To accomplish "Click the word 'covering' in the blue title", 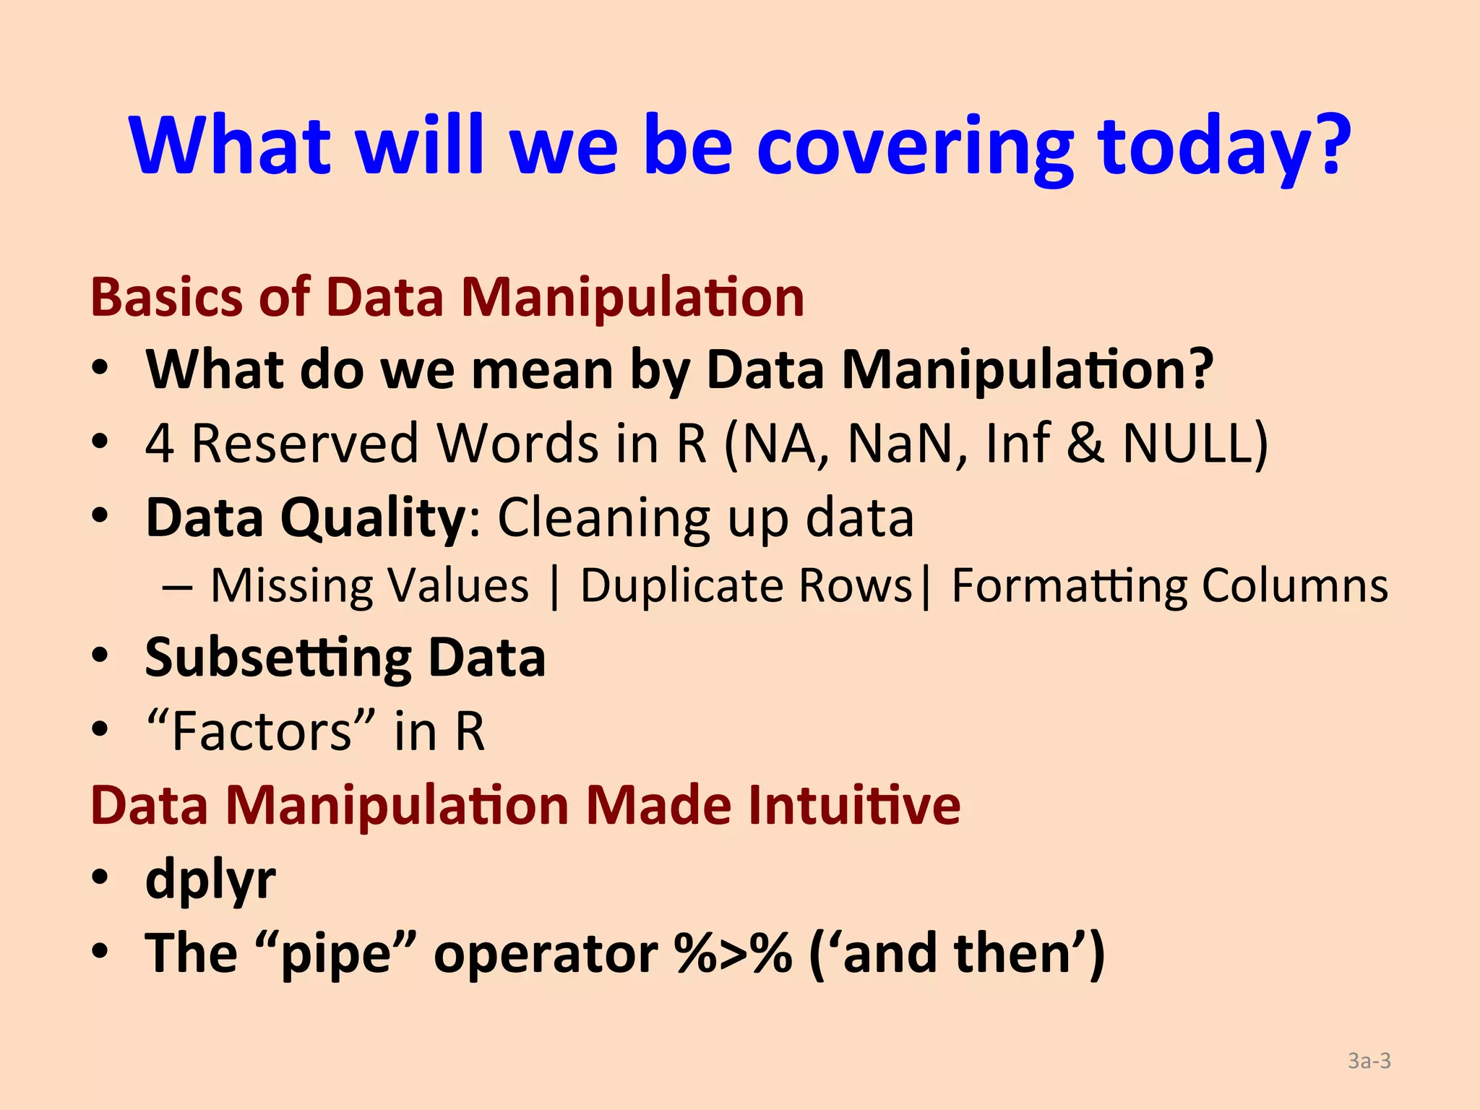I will [915, 148].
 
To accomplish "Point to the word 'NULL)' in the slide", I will [1195, 443].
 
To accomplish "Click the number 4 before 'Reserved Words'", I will [159, 444].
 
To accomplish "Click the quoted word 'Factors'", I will [260, 731].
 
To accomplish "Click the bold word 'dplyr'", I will [210, 880].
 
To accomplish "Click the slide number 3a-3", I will [1369, 1061].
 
